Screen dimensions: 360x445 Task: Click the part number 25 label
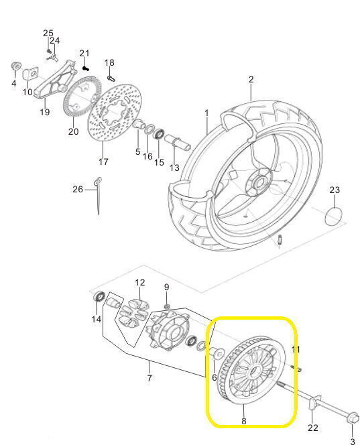point(48,34)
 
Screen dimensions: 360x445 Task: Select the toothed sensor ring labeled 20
point(82,97)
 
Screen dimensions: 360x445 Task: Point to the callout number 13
point(174,168)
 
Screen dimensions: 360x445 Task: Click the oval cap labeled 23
point(333,216)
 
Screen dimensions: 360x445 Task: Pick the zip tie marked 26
point(97,195)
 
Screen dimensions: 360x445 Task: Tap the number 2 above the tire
point(251,80)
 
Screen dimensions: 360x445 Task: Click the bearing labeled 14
point(99,297)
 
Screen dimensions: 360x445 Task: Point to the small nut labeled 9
point(167,306)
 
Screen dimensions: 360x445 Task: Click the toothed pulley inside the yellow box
point(252,369)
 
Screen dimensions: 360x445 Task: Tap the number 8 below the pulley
point(243,421)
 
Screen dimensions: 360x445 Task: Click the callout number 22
point(312,427)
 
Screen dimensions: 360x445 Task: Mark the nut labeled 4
point(16,66)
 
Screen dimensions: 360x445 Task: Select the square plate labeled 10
point(30,74)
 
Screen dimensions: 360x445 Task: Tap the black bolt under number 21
point(86,68)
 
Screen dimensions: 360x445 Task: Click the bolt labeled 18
point(111,78)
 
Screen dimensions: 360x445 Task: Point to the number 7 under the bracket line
point(149,378)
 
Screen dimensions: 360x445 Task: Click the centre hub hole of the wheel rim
point(258,182)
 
